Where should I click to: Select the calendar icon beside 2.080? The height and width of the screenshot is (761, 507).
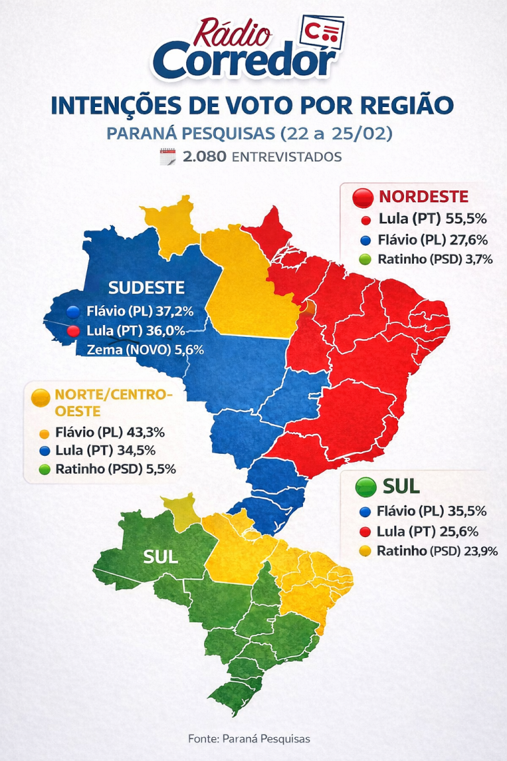pos(168,157)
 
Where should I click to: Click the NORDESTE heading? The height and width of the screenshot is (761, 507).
pos(423,196)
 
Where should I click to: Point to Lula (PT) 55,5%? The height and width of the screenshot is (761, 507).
pos(426,219)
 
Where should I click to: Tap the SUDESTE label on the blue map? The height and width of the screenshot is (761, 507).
pos(147,287)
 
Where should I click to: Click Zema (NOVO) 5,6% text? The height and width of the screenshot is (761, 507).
pos(145,349)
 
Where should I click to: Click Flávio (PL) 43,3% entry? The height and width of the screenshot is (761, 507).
pos(110,433)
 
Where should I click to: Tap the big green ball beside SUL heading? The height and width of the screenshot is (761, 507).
pos(365,487)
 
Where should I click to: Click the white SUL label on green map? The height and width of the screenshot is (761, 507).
pos(160,557)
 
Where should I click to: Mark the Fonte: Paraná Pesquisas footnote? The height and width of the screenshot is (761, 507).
pos(249,739)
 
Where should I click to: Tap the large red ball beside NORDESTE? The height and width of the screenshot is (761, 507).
pos(364,197)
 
